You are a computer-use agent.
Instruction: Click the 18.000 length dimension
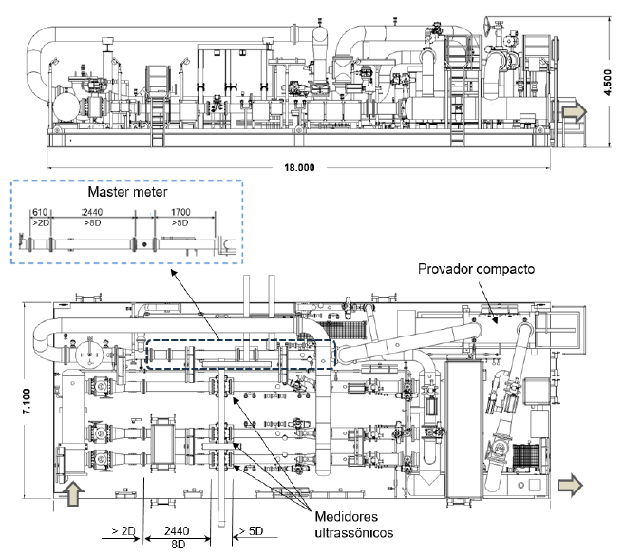[x=299, y=167]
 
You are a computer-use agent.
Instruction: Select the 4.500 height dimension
[x=607, y=82]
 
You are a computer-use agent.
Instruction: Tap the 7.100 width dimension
[x=27, y=401]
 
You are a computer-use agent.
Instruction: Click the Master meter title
[x=127, y=192]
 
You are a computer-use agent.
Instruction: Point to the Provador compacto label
[x=476, y=269]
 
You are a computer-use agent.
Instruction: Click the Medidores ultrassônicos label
[x=354, y=524]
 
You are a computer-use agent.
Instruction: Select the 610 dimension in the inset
[x=40, y=212]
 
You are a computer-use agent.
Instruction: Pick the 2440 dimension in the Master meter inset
[x=92, y=212]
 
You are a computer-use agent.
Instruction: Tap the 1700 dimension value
[x=180, y=212]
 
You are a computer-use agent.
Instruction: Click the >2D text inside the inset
[x=41, y=222]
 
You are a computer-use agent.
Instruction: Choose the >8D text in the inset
[x=92, y=222]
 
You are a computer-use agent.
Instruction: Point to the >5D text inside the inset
[x=180, y=222]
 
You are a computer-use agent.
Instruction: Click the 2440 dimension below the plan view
[x=177, y=531]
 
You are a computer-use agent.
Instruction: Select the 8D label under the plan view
[x=179, y=545]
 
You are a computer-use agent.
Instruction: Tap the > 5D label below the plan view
[x=251, y=531]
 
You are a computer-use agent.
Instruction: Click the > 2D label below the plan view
[x=123, y=531]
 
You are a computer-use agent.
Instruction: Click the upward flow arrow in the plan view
[x=73, y=493]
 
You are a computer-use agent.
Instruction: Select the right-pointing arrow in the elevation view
[x=574, y=111]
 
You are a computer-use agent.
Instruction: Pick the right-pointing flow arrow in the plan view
[x=570, y=485]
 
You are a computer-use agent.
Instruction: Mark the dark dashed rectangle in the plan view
[x=241, y=340]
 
